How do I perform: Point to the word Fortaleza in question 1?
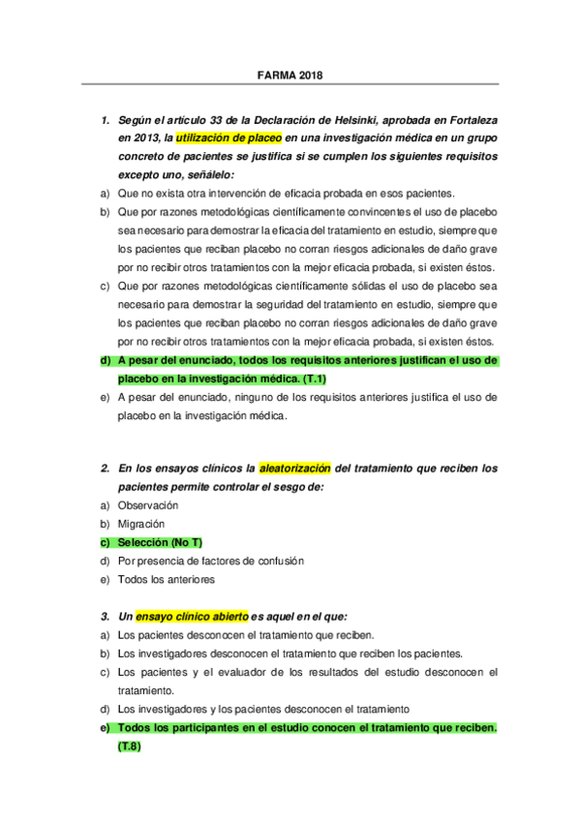tap(467, 120)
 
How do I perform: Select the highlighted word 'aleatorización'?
tap(294, 469)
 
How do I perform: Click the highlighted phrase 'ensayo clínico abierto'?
tap(192, 616)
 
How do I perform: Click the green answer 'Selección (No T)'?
tap(160, 542)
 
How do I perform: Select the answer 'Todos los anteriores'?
tap(166, 579)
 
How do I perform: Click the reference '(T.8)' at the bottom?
tap(129, 746)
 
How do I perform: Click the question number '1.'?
tap(106, 120)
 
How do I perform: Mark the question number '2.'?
tap(106, 469)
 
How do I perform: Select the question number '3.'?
tap(106, 616)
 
